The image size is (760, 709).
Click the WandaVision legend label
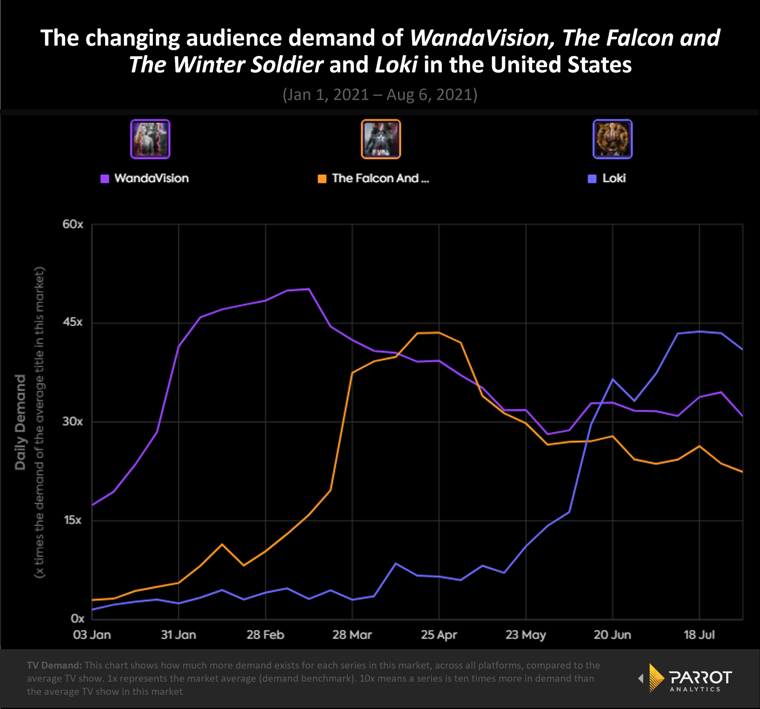pyautogui.click(x=151, y=179)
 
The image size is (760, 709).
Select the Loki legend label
pyautogui.click(x=614, y=179)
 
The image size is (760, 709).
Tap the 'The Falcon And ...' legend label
pyautogui.click(x=380, y=179)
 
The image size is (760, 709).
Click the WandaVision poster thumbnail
pyautogui.click(x=150, y=139)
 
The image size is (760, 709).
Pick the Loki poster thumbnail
pyautogui.click(x=613, y=139)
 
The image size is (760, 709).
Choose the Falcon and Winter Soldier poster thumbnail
pyautogui.click(x=381, y=139)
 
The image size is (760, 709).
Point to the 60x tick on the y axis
pyautogui.click(x=73, y=224)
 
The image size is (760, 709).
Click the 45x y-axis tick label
pyautogui.click(x=73, y=322)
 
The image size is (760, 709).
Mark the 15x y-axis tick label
pyautogui.click(x=73, y=520)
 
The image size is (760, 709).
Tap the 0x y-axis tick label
pyautogui.click(x=77, y=619)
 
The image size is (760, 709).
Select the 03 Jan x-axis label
pyautogui.click(x=92, y=635)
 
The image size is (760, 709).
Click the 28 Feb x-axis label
pyautogui.click(x=265, y=635)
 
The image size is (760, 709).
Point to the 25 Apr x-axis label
pyautogui.click(x=439, y=635)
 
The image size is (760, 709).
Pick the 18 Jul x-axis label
pyautogui.click(x=699, y=635)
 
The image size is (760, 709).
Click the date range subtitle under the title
pyautogui.click(x=380, y=95)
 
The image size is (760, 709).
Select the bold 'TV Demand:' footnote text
pyautogui.click(x=54, y=665)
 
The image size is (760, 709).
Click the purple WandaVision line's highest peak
pyautogui.click(x=309, y=289)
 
